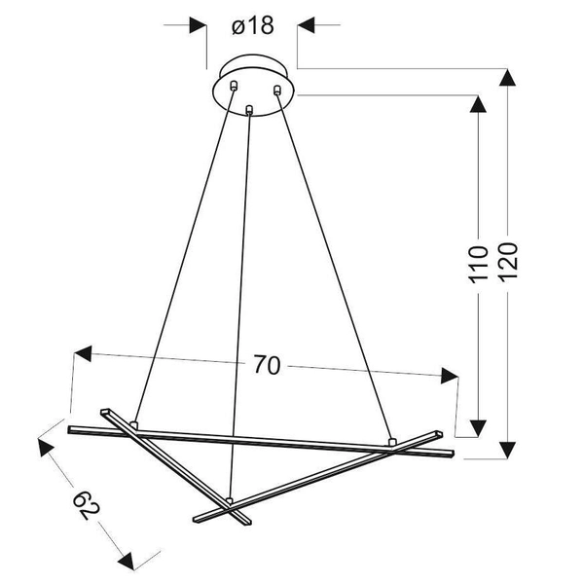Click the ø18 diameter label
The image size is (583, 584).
[252, 26]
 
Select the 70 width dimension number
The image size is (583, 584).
[267, 366]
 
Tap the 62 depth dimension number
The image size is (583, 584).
[86, 505]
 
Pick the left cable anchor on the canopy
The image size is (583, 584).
[234, 88]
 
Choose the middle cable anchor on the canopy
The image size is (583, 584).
[251, 109]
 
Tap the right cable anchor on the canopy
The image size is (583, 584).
[277, 91]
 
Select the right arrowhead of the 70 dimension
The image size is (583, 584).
[449, 376]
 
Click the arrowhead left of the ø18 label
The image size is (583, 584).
[199, 26]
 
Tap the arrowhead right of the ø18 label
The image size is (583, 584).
[307, 26]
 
